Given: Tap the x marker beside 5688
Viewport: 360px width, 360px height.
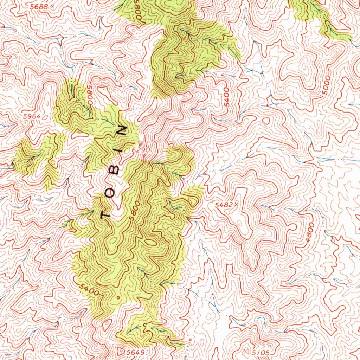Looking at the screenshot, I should [x=52, y=6].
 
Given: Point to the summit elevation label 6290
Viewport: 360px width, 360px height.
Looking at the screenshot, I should [x=141, y=150].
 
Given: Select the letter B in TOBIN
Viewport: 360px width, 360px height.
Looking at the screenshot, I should [x=116, y=171].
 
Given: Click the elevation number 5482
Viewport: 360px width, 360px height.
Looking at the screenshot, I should [x=224, y=204].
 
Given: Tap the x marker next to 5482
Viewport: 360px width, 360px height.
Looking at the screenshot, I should [x=237, y=204].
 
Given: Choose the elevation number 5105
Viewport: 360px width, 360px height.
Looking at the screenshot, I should [x=260, y=353].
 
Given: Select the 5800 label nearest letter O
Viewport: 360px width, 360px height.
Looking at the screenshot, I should [x=135, y=211].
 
